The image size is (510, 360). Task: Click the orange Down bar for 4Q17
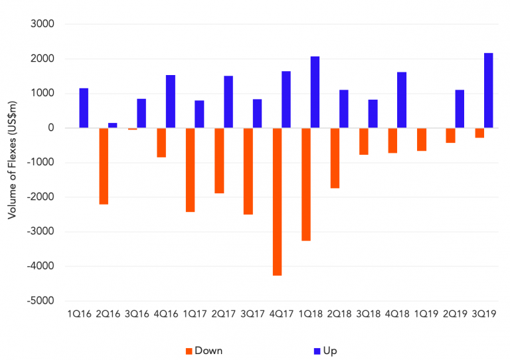(277, 201)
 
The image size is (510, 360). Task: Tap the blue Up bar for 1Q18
(315, 92)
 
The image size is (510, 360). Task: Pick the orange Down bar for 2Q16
(104, 166)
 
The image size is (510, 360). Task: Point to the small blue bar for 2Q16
(113, 126)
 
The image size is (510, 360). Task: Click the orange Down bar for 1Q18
(305, 184)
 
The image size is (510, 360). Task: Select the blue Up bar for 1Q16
(84, 108)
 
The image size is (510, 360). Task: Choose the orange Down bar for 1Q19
(421, 139)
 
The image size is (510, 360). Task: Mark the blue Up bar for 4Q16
(171, 102)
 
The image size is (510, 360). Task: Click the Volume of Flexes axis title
(11, 165)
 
